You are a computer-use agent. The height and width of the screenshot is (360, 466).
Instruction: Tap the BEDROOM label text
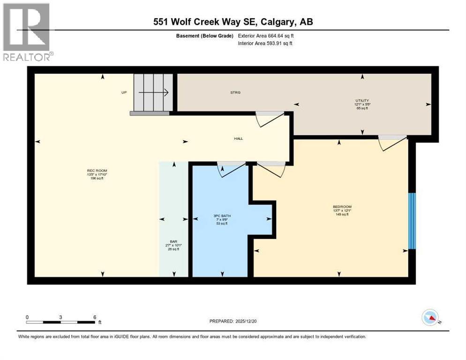342,207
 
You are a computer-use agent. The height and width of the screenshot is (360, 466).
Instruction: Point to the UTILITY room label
362,100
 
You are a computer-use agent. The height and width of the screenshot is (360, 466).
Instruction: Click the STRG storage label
235,93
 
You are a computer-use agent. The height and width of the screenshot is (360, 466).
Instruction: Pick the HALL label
239,138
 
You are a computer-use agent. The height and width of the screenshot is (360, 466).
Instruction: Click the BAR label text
173,242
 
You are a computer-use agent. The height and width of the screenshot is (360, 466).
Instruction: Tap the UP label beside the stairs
124,92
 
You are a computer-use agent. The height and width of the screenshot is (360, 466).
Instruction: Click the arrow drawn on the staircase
153,93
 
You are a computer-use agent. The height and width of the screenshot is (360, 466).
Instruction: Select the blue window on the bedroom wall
412,221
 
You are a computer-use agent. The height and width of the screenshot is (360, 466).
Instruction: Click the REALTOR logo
27,32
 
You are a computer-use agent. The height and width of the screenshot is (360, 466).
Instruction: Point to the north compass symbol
430,318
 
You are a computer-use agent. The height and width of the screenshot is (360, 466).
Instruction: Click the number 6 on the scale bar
95,317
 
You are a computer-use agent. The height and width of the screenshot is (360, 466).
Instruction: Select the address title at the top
233,22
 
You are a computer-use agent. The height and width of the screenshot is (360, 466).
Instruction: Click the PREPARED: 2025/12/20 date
233,321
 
